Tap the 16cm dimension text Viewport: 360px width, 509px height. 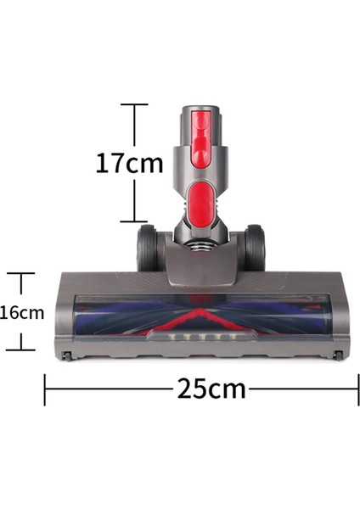point(21,312)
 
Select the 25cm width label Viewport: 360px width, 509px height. point(211,389)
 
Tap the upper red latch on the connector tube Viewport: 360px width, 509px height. point(200,136)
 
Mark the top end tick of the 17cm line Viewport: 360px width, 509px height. point(134,104)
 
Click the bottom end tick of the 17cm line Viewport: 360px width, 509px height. point(134,223)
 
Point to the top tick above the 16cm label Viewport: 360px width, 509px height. point(20,273)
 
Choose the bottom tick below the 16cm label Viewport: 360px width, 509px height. point(20,349)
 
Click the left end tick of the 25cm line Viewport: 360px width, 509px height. point(45,389)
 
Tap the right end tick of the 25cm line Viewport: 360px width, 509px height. point(358,389)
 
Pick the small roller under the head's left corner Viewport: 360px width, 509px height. point(64,357)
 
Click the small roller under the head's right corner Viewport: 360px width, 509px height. point(339,357)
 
